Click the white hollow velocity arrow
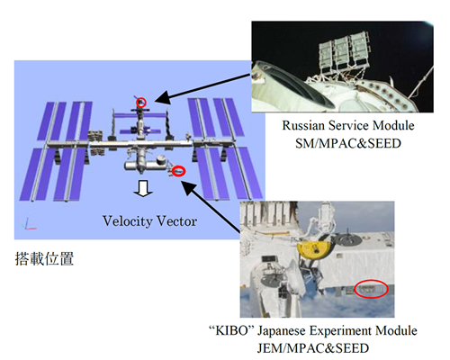click(143, 188)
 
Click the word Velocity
click(128, 221)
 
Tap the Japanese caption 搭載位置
click(44, 258)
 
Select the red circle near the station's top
click(141, 103)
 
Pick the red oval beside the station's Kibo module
click(178, 171)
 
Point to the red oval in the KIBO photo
click(371, 289)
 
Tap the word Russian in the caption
click(303, 125)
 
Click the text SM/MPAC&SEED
click(348, 143)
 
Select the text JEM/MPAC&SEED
click(313, 348)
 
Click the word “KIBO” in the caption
click(231, 330)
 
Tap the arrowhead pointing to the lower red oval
click(188, 188)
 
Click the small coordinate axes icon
click(29, 224)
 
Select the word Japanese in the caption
click(282, 331)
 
